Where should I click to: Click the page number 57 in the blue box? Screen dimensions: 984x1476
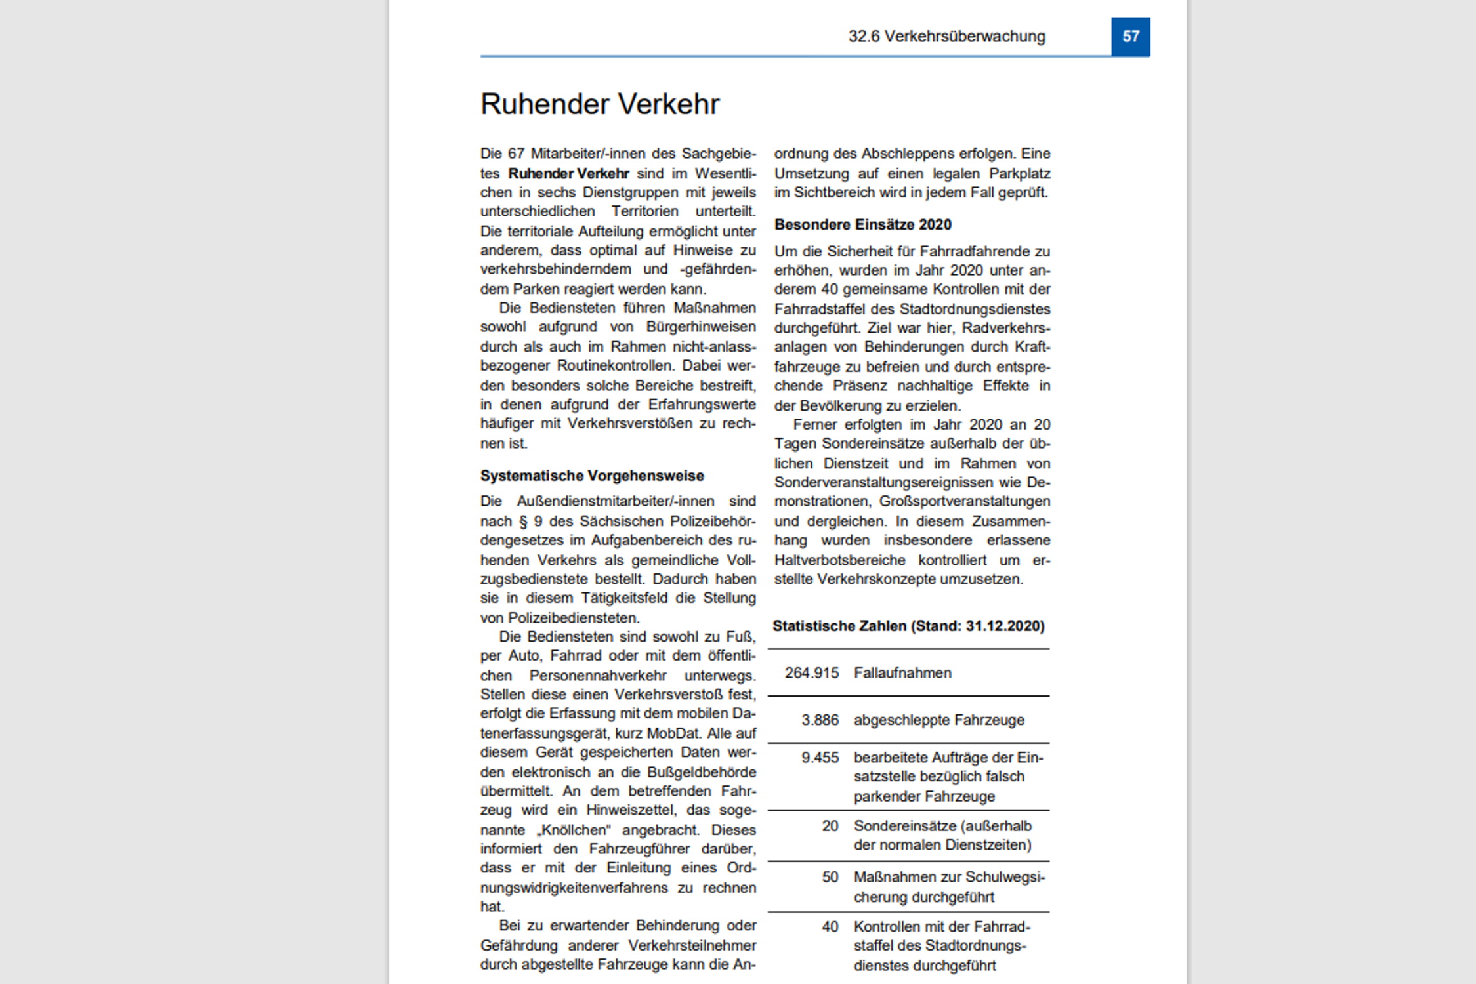[x=1130, y=37]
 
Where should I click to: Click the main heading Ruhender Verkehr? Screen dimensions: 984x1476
[x=600, y=104]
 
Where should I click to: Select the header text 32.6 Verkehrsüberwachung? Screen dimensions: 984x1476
[x=946, y=37]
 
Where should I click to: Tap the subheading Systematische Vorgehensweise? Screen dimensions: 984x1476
[x=592, y=476]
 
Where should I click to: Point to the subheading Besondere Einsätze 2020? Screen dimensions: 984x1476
[x=862, y=225]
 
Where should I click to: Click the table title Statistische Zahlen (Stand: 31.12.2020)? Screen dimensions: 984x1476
[x=908, y=626]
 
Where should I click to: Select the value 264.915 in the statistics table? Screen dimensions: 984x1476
[x=812, y=673]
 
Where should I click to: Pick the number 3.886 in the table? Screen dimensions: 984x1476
[x=820, y=720]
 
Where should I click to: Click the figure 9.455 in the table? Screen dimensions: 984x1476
[x=820, y=758]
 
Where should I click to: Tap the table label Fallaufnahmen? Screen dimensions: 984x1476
[x=902, y=673]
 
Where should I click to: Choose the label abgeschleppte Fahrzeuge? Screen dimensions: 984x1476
[x=938, y=720]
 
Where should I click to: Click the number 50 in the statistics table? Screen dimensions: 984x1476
[x=830, y=877]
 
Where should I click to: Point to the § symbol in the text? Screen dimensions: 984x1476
[x=523, y=522]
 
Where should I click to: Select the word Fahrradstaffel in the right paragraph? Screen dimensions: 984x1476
[x=816, y=309]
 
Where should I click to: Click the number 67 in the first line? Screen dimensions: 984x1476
[x=516, y=154]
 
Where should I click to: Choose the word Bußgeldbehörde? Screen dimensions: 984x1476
[x=702, y=772]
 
